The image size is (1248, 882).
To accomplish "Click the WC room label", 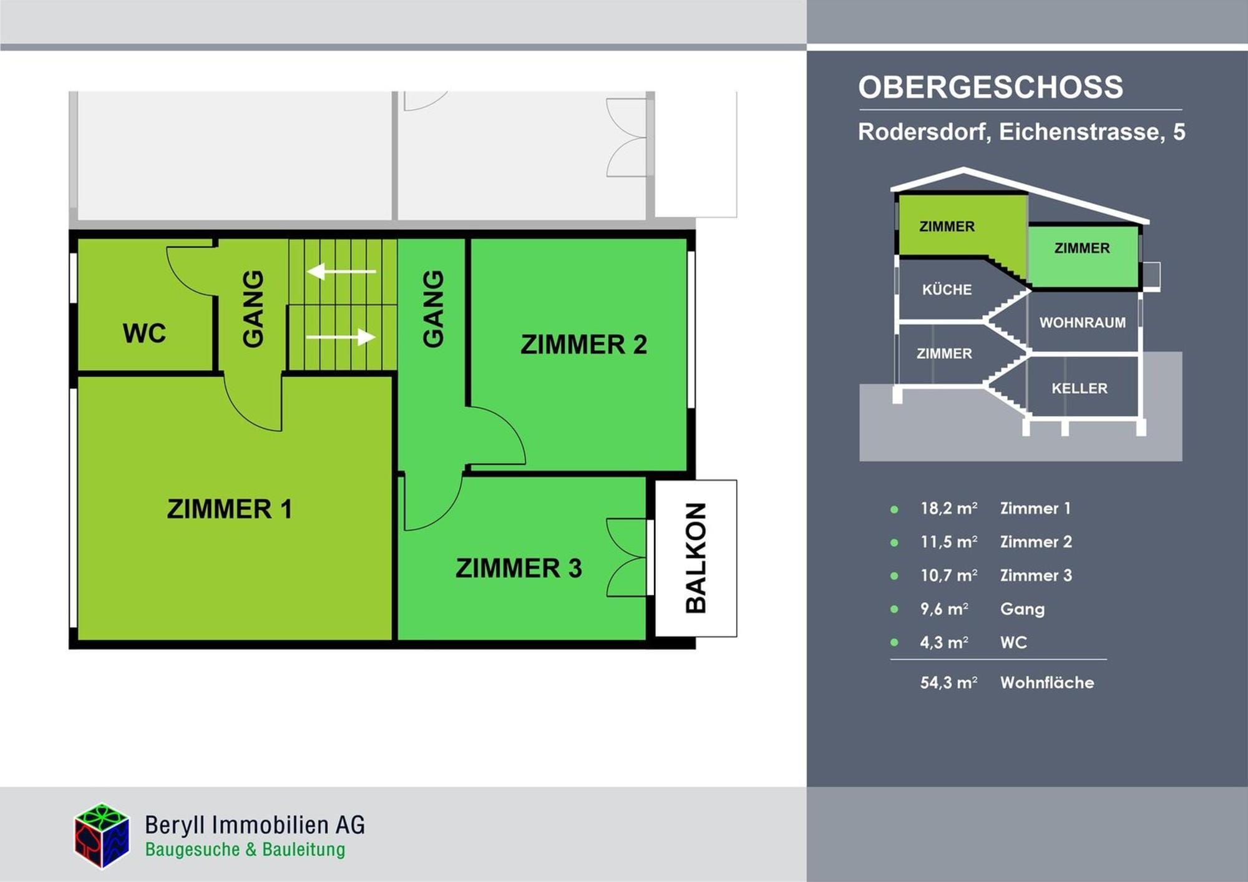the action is (144, 333).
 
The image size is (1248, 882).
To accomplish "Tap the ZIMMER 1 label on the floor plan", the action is (230, 509).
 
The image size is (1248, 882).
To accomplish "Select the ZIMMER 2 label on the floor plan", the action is (583, 345).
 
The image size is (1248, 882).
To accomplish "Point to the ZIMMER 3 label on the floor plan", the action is (519, 568).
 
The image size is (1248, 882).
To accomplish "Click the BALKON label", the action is (696, 558).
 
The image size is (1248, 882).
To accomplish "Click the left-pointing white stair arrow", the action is (341, 272).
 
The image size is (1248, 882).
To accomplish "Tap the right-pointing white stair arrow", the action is (341, 337).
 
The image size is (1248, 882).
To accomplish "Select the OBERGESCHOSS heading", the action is (990, 87).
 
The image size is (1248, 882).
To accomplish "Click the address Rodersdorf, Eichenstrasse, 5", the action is (1021, 132).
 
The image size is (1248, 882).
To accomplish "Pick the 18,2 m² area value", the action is (949, 508).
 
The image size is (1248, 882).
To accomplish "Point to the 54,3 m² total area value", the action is (949, 682).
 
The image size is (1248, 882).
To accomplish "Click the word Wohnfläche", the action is (1047, 682).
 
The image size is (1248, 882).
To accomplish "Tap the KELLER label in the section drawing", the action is (1080, 388).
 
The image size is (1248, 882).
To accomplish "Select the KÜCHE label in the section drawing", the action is (947, 289).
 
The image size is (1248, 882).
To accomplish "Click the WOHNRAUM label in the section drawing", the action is (1083, 323).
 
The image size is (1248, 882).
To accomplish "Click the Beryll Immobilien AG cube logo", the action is (102, 836).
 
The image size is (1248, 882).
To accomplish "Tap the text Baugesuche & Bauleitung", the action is (245, 850).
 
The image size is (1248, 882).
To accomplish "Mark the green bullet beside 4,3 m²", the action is (894, 642).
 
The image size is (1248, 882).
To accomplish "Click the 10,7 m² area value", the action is (949, 575).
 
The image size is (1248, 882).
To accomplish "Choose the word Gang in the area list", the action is (1022, 609).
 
